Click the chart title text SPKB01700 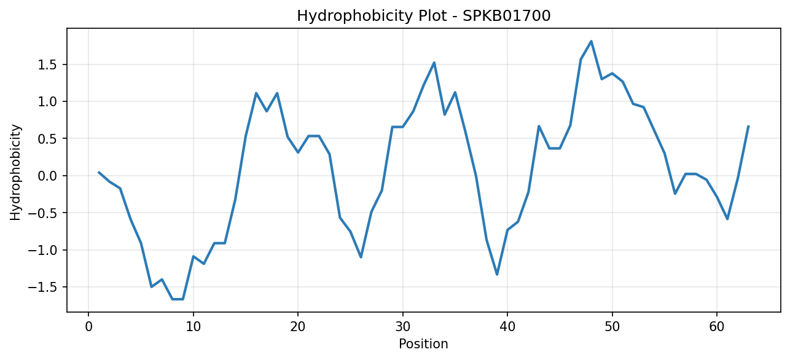click(x=506, y=16)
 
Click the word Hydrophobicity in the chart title click(x=354, y=17)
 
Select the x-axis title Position click(x=423, y=344)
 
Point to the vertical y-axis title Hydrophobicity click(x=15, y=173)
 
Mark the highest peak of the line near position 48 click(x=591, y=41)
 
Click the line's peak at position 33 click(x=434, y=63)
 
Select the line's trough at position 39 click(x=497, y=275)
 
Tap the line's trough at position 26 click(x=361, y=257)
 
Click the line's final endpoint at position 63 click(x=748, y=126)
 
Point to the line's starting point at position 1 click(x=99, y=172)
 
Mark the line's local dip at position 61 click(x=727, y=219)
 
